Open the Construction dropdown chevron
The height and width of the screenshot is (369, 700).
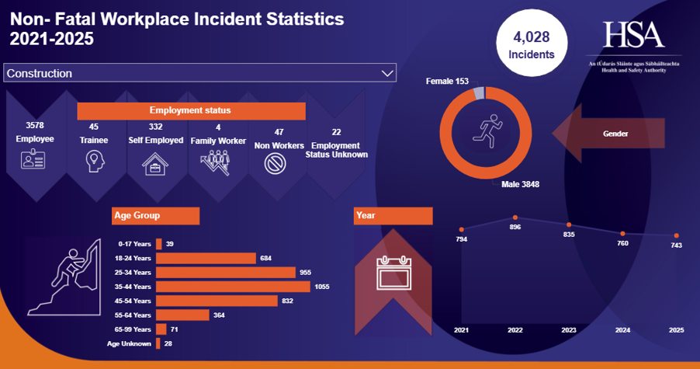[x=387, y=73]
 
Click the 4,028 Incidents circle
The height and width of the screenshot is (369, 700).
[x=531, y=46]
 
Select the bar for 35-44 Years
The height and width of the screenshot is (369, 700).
[x=233, y=287]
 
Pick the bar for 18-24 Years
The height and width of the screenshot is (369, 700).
[x=206, y=258]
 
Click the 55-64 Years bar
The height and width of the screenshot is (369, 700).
[x=182, y=315]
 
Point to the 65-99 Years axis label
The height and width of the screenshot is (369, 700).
[x=131, y=329]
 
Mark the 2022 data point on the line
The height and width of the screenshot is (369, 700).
[x=515, y=218]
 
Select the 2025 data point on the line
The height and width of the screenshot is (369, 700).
[x=676, y=235]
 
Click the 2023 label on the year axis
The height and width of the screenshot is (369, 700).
[x=569, y=330]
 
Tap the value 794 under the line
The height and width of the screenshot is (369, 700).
[x=462, y=239]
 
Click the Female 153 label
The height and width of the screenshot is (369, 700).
[x=448, y=81]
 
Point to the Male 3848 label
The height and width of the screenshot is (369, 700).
[x=520, y=184]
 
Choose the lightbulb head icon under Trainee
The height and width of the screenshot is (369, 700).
[x=94, y=161]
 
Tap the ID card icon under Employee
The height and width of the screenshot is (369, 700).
[x=34, y=161]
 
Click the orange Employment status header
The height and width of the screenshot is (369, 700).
[x=189, y=110]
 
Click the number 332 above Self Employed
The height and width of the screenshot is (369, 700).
[x=155, y=127]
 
